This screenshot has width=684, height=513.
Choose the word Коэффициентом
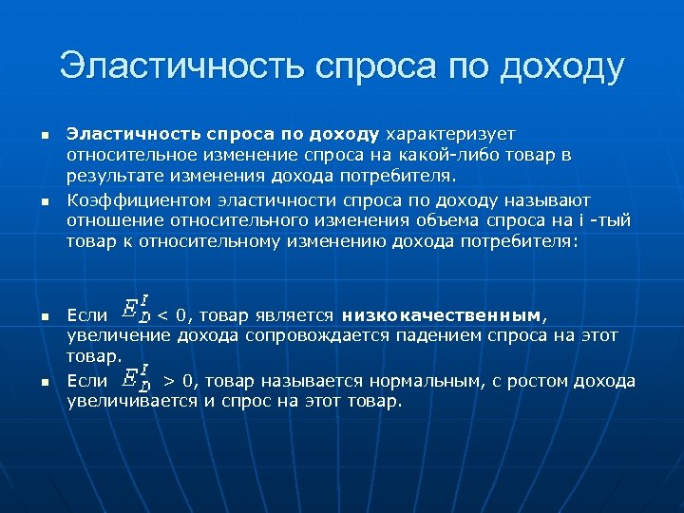[x=133, y=199]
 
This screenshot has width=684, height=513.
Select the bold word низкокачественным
[x=443, y=314]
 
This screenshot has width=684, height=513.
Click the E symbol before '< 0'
[x=135, y=310]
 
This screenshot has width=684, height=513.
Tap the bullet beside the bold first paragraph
[x=45, y=135]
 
